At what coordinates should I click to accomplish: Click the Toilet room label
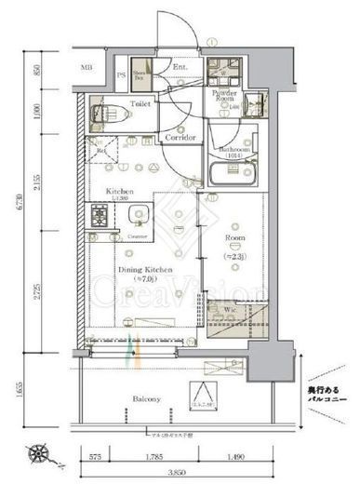140,106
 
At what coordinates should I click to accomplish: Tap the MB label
87,68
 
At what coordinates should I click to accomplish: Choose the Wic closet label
230,309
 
